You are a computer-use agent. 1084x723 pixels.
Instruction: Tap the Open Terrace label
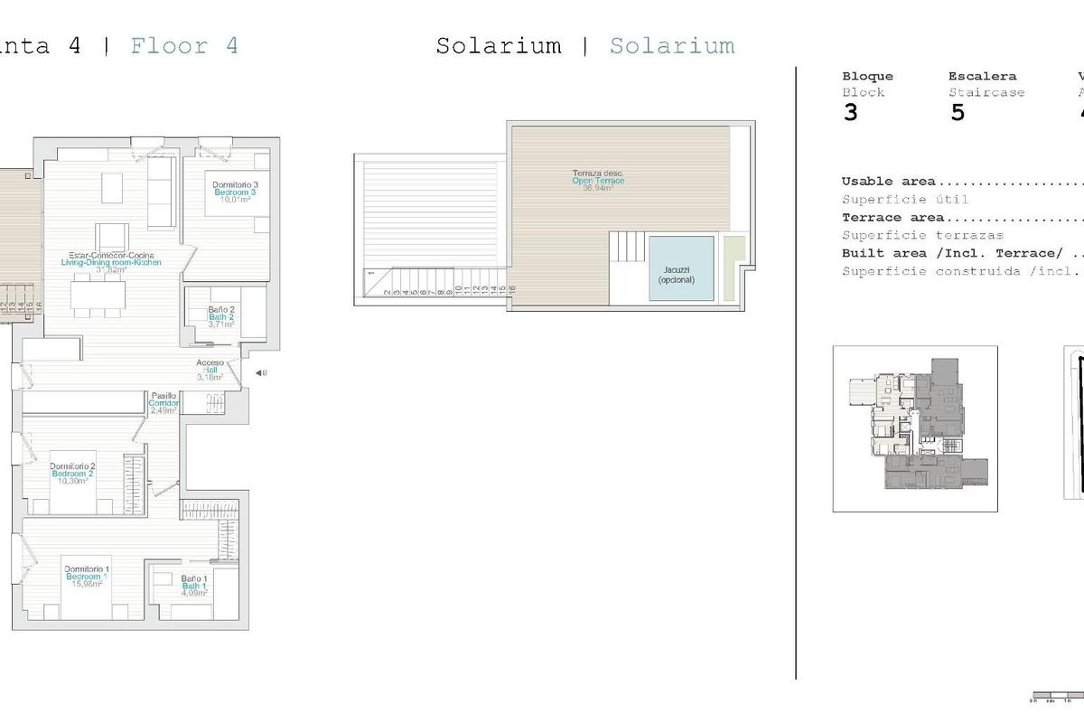[x=598, y=181]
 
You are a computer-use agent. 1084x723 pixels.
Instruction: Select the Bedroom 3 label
[x=235, y=192]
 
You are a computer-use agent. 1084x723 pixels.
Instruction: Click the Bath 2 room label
[x=221, y=317]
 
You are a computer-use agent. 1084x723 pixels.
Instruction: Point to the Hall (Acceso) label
[x=210, y=370]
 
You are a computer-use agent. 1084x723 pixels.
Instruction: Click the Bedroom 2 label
[x=73, y=474]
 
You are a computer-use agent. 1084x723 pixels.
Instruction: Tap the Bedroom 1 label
[x=87, y=576]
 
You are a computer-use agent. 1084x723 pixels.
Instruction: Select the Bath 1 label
[x=194, y=586]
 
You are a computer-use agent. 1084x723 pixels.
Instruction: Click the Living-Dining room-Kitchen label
[x=111, y=262]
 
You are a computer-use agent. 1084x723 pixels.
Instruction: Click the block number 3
[x=850, y=113]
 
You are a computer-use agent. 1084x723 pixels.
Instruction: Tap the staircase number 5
[x=958, y=113]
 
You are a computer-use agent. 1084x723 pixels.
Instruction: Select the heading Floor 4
[x=184, y=45]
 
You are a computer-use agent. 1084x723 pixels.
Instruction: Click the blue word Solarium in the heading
[x=671, y=45]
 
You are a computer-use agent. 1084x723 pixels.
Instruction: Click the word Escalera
[x=982, y=77]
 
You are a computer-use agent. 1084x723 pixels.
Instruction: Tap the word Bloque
[x=867, y=77]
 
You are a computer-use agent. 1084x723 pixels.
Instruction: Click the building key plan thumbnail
[x=915, y=428]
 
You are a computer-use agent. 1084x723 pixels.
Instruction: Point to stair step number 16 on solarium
[x=511, y=290]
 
